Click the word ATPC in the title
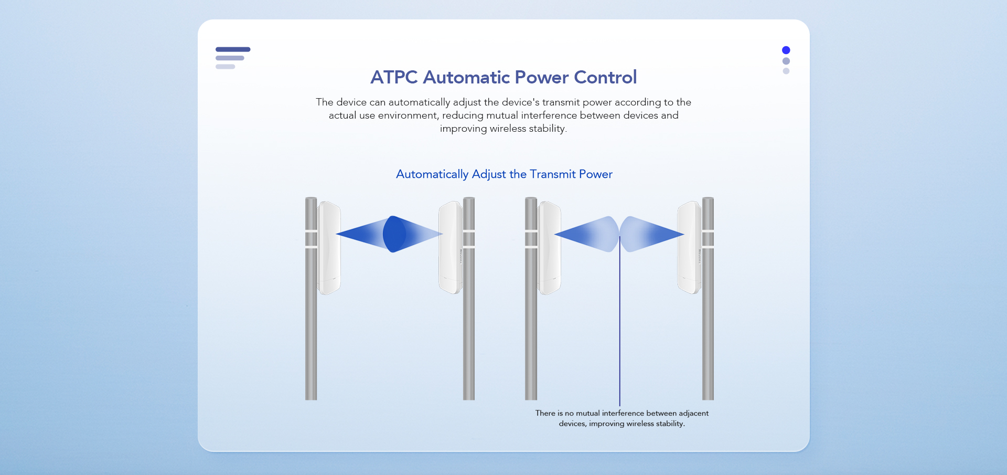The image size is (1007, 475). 394,77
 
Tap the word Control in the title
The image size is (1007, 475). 605,77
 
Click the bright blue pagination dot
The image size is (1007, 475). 786,50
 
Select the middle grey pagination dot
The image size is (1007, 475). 786,61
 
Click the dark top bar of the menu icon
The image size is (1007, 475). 233,49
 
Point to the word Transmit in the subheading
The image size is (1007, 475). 553,174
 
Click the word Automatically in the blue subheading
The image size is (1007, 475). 432,174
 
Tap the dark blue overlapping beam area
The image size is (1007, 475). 394,234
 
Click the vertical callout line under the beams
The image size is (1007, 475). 619,321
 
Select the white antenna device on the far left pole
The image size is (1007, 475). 329,247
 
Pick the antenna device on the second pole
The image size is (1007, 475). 451,247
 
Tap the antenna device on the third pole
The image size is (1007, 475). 549,247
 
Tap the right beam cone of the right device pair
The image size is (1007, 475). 651,234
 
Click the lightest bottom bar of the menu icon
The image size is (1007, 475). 225,67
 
